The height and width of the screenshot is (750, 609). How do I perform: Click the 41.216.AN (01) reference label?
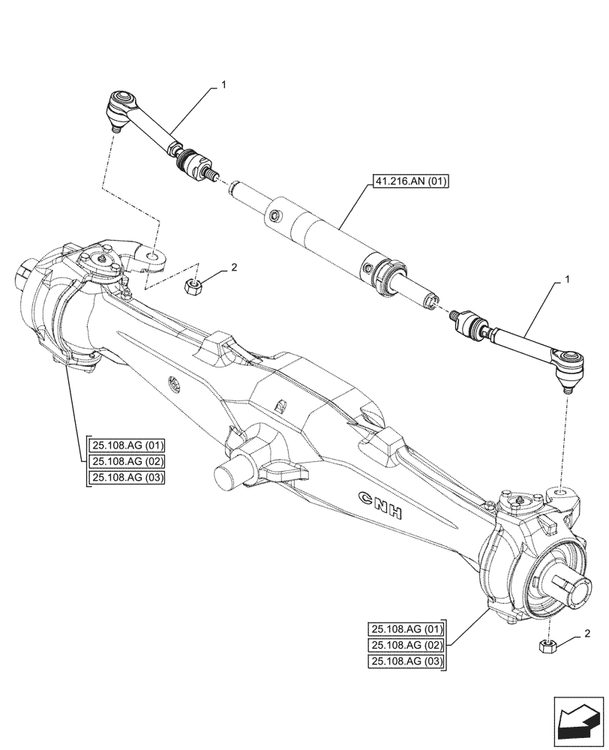point(409,182)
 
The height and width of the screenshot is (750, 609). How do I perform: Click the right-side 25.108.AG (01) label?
point(406,628)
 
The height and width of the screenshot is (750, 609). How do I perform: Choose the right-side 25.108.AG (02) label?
point(406,645)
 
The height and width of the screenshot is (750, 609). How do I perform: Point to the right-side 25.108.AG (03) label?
point(406,661)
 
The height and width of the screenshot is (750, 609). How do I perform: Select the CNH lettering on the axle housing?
point(380,507)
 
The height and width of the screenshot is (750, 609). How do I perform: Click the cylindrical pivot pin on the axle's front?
point(229,475)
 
